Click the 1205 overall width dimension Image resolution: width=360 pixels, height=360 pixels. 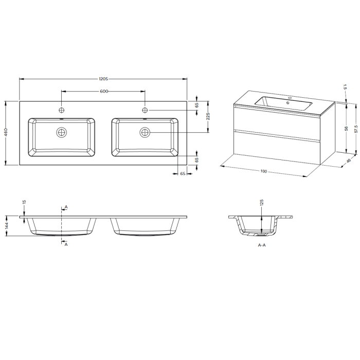click(103, 79)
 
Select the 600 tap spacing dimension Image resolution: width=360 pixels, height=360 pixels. click(103, 91)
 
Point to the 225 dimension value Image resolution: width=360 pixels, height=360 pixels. click(208, 117)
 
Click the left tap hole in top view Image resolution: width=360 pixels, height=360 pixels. click(62, 110)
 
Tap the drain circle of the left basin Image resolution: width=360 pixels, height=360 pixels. click(62, 133)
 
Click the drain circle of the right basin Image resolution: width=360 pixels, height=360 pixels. click(145, 133)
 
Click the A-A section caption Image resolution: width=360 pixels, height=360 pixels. click(262, 246)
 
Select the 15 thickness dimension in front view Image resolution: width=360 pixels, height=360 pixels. click(24, 203)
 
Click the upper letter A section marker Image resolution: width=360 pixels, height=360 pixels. click(66, 207)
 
